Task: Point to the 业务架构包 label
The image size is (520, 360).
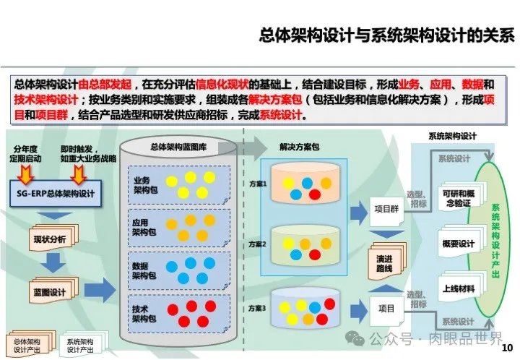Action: [142, 184]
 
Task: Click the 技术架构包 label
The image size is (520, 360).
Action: [142, 314]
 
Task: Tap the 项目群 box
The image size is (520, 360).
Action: [387, 210]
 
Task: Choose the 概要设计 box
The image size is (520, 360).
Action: [458, 243]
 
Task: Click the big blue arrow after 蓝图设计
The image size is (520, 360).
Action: [104, 291]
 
